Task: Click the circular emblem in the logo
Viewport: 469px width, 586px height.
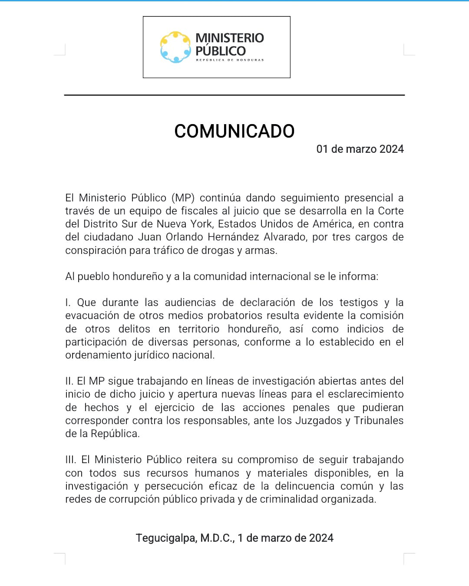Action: pos(175,47)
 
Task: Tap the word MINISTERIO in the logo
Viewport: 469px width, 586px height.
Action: pos(229,38)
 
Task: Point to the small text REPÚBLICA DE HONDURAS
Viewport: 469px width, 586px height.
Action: pos(230,60)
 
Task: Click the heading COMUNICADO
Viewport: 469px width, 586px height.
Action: pos(234,131)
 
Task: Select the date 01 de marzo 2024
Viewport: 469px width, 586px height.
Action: pos(360,149)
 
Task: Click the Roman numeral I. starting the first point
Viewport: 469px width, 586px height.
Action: pos(67,303)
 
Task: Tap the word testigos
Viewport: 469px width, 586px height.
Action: pos(359,303)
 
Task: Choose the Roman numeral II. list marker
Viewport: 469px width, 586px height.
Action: pos(69,381)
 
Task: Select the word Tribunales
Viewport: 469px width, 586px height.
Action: pos(379,421)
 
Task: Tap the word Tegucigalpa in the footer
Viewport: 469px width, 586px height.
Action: pos(166,538)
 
